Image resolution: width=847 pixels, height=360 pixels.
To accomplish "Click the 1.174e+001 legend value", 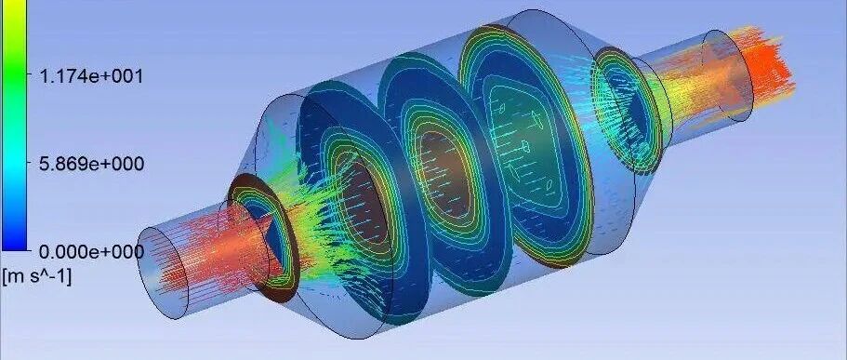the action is pyautogui.click(x=91, y=76).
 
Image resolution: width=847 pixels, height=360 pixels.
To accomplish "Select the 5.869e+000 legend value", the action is pyautogui.click(x=91, y=164).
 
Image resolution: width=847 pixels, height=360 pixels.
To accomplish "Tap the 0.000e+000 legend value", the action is pyautogui.click(x=91, y=251).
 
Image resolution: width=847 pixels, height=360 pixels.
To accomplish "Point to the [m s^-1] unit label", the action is pyautogui.click(x=37, y=276).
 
